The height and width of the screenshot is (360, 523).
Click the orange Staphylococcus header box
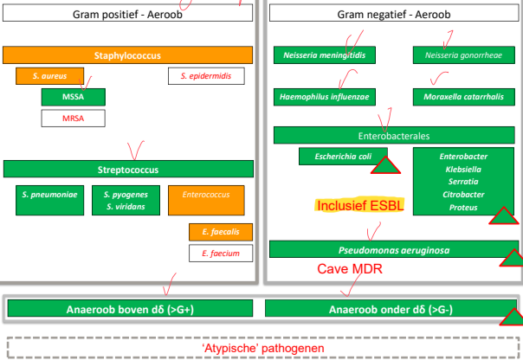[127, 55]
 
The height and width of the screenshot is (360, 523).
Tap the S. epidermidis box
[206, 76]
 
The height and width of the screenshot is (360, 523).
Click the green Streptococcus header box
[127, 170]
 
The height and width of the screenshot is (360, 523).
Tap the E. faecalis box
[220, 232]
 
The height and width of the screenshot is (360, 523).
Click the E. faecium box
[220, 254]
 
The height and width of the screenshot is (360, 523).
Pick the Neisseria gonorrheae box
[458, 55]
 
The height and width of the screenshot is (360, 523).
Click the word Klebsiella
[463, 170]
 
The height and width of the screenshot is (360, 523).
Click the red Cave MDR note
[350, 269]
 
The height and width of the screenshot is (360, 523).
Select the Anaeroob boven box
[130, 309]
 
